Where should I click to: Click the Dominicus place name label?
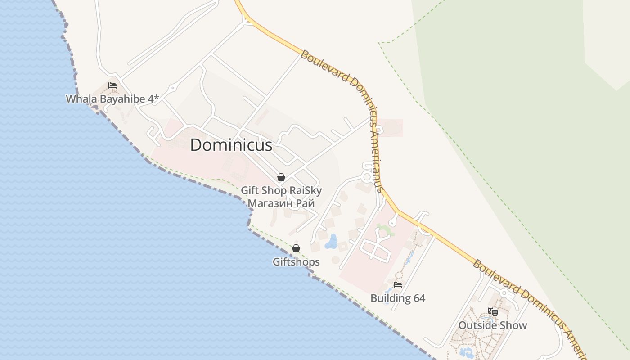coord(231,145)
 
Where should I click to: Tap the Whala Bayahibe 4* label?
coord(112,99)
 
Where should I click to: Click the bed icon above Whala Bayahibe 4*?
coord(112,85)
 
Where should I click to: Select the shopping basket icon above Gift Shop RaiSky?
coord(281,177)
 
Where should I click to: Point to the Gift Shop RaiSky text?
coord(281,190)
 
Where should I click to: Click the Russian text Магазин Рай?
coord(281,203)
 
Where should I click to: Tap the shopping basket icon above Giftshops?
coord(296,248)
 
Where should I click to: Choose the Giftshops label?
coord(296,262)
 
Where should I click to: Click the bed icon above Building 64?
coord(398,284)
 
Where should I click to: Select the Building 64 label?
coord(398,298)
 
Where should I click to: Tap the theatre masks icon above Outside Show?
coord(493,311)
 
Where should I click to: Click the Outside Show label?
coord(493,325)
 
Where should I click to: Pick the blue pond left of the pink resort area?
coord(332,242)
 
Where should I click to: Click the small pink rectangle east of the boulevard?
coord(391,128)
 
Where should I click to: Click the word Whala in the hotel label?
coord(80,99)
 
